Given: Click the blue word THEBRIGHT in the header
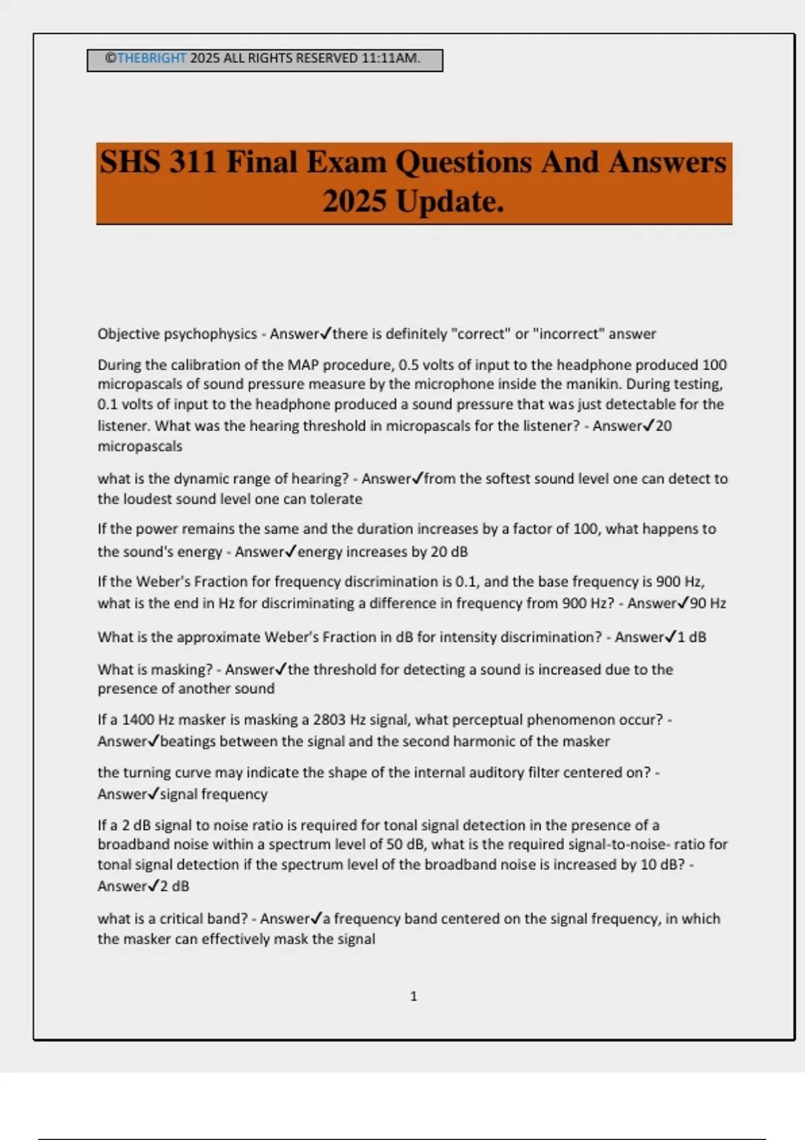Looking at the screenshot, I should (151, 58).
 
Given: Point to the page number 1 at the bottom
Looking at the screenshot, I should (413, 996).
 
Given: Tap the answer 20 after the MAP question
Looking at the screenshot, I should (663, 426).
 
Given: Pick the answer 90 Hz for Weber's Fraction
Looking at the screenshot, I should (708, 603).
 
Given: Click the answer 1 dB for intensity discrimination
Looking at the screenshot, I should (692, 637).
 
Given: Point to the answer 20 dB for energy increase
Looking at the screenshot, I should (449, 552).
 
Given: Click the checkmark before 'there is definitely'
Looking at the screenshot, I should (326, 333).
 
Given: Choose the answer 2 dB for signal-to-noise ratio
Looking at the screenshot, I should (174, 886).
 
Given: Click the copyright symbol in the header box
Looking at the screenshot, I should (111, 58).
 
